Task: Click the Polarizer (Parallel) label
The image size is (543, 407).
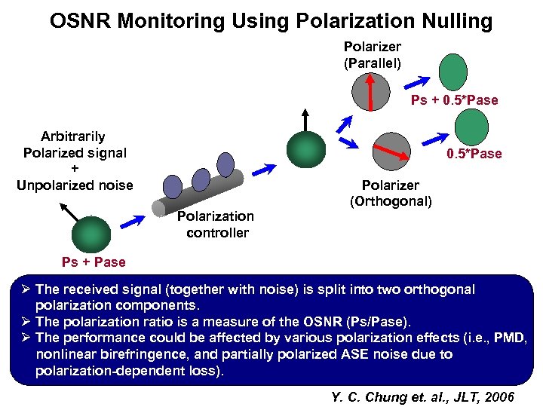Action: click(x=373, y=54)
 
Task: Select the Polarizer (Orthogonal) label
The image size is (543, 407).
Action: click(x=391, y=193)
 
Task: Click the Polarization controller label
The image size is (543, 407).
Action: click(x=216, y=225)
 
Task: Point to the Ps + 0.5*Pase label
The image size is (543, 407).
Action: click(x=454, y=100)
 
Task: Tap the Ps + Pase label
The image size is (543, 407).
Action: click(x=94, y=262)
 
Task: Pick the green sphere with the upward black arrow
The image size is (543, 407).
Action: click(x=305, y=145)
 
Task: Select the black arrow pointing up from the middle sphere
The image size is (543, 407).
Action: click(x=305, y=121)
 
